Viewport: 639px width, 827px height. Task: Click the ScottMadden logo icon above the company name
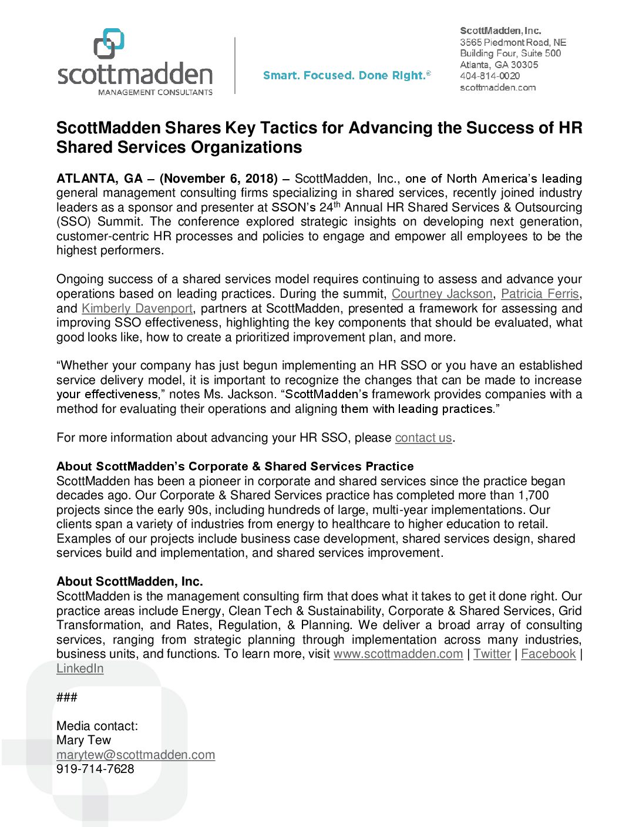coord(109,43)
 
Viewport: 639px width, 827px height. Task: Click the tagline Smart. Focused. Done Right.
coord(347,75)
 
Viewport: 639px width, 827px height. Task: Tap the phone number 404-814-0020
coord(490,76)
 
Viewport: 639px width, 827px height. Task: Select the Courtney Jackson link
coord(442,294)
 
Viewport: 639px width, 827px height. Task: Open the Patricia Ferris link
coord(540,294)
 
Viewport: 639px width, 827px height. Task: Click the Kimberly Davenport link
coord(137,308)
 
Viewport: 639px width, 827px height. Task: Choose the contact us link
coord(423,438)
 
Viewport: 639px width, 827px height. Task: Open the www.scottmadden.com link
coord(398,654)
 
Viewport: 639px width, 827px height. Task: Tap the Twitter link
coord(492,654)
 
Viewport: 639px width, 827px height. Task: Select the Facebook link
coord(549,654)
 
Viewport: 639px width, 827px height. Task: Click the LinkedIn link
coord(80,668)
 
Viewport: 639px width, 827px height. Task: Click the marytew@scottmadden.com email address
coord(136,755)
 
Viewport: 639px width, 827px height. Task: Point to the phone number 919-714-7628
coord(95,769)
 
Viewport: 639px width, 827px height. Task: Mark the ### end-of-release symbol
coord(67,697)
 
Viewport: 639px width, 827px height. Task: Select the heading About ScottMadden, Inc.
coord(130,581)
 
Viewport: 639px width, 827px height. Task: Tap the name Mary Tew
coord(83,740)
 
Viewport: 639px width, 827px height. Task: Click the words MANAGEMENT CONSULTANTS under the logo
coord(155,92)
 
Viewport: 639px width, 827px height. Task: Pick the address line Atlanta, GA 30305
coord(499,65)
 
